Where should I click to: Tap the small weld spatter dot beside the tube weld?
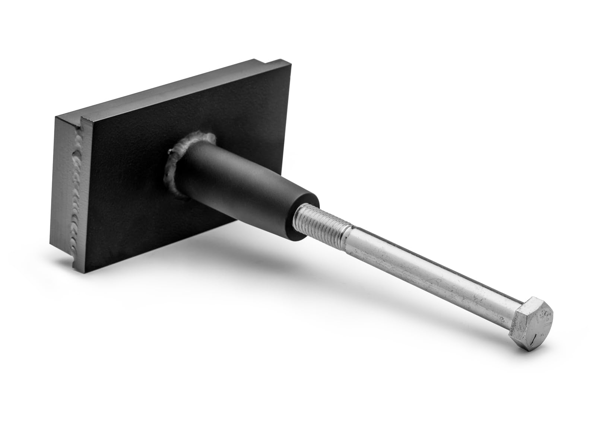(170, 151)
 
